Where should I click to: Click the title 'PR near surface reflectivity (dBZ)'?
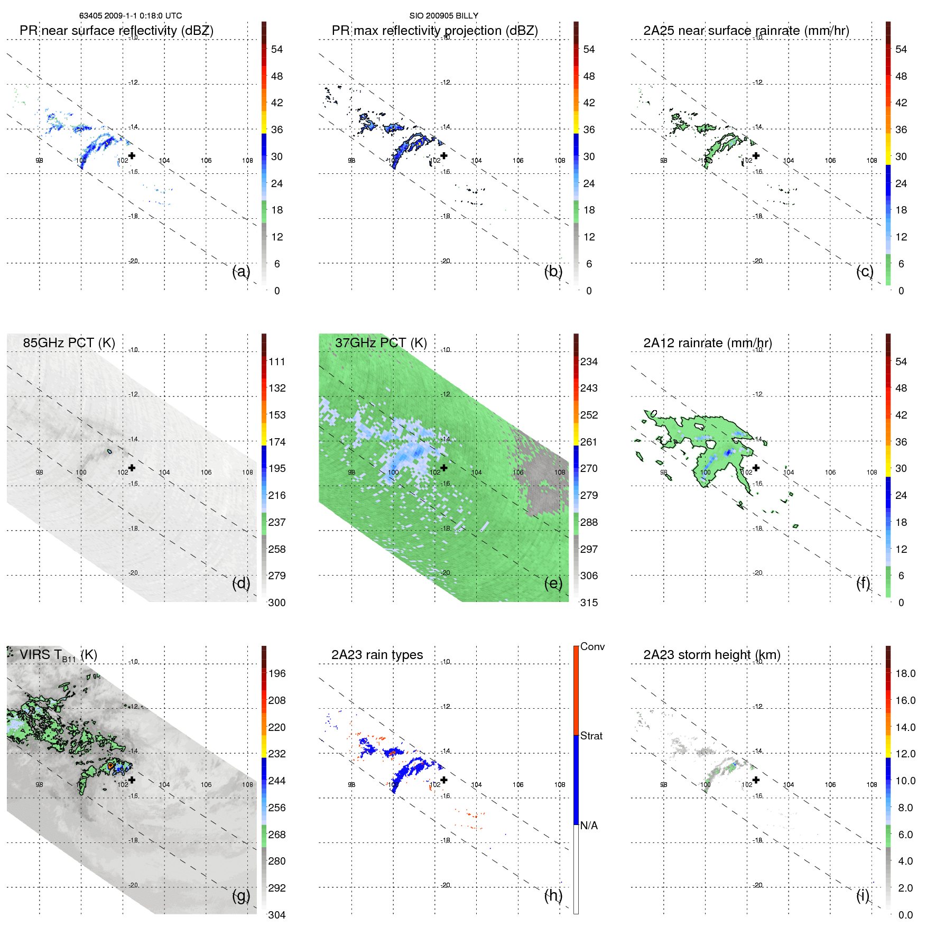tap(116, 31)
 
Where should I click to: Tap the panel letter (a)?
tap(240, 272)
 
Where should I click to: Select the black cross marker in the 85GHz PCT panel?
tap(132, 468)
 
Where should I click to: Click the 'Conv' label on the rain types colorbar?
tap(592, 646)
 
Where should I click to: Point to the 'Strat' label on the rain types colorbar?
tap(591, 736)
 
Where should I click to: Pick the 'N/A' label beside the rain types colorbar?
tap(589, 826)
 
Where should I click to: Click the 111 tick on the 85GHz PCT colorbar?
tap(276, 362)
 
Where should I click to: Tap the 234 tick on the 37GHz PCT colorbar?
tap(589, 362)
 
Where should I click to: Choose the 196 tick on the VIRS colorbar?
tap(276, 673)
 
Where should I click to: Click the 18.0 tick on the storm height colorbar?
tap(905, 673)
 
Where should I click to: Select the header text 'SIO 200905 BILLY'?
tap(443, 16)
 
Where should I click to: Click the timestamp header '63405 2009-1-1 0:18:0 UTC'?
tap(131, 16)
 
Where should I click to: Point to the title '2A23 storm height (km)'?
tap(711, 655)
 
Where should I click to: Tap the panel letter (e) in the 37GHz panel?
tap(553, 583)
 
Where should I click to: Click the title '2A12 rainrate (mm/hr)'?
tap(707, 343)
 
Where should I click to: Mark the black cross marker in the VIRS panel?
tap(132, 780)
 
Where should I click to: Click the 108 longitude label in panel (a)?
tap(247, 161)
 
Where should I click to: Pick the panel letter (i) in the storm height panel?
tap(863, 895)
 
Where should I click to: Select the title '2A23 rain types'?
tap(377, 655)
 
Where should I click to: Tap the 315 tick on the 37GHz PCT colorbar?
tap(589, 603)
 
